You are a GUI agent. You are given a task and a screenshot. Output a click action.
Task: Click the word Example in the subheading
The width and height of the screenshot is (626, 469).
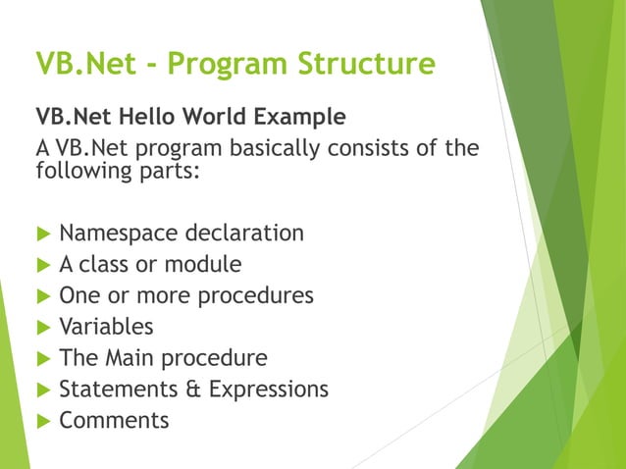[x=301, y=118]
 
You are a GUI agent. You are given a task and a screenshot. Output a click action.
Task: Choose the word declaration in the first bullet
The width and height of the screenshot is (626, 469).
[x=244, y=234]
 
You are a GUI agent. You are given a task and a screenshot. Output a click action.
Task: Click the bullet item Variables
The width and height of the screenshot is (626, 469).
[x=106, y=327]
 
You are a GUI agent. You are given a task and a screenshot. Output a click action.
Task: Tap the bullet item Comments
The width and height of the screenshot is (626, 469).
[x=114, y=421]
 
